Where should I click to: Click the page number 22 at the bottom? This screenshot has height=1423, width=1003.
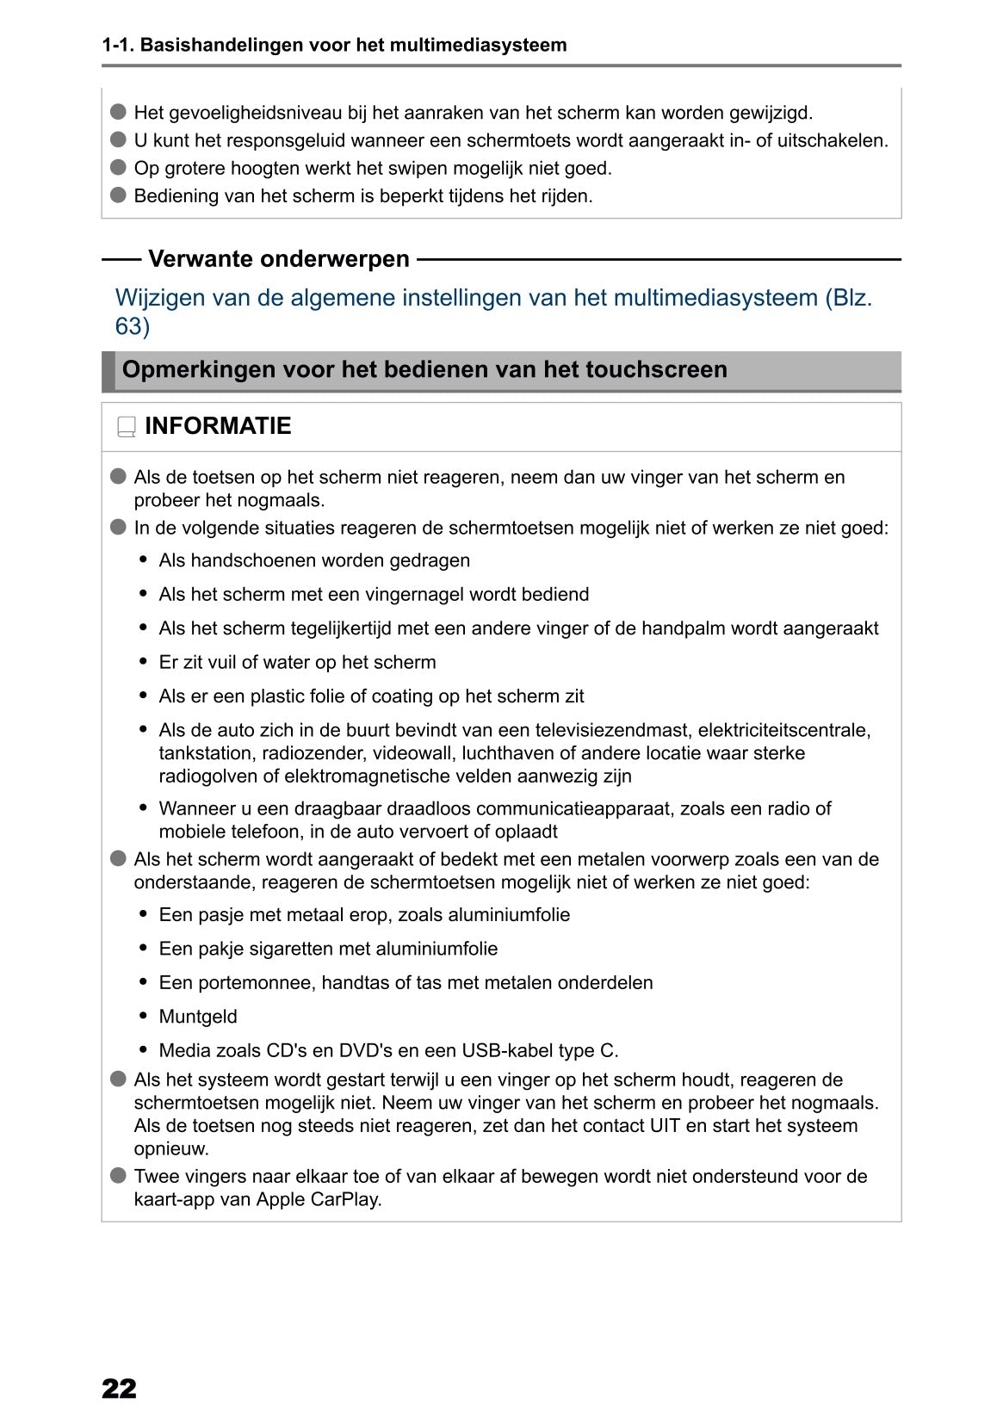click(x=119, y=1389)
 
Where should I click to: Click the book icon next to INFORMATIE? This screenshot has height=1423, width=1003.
click(x=127, y=427)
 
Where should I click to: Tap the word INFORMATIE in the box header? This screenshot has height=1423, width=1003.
click(x=218, y=426)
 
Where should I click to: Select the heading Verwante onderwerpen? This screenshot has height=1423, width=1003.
click(x=279, y=259)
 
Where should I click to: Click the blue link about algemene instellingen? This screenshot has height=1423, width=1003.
click(x=493, y=299)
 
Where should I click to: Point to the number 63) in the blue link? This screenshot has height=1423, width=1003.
click(x=133, y=326)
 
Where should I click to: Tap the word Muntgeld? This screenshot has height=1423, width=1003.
click(x=198, y=1017)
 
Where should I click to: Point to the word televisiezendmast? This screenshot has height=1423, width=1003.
click(x=613, y=731)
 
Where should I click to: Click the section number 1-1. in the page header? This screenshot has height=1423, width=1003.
click(x=118, y=45)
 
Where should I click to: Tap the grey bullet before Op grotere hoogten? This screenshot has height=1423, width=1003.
click(x=119, y=167)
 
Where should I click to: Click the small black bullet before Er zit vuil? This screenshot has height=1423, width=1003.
click(x=144, y=662)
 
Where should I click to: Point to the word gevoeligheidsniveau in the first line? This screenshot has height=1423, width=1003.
click(x=255, y=113)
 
